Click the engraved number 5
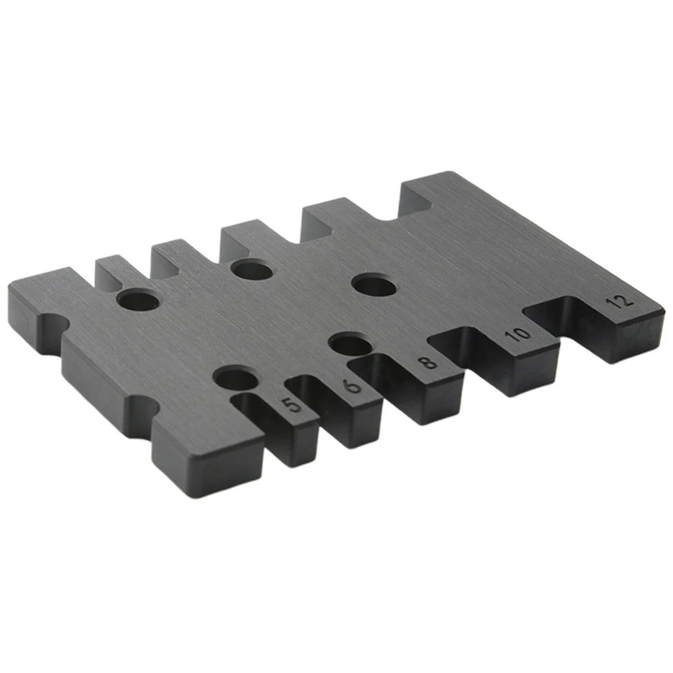[292, 405]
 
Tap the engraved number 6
[353, 386]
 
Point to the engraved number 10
[518, 334]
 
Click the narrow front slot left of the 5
[262, 418]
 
